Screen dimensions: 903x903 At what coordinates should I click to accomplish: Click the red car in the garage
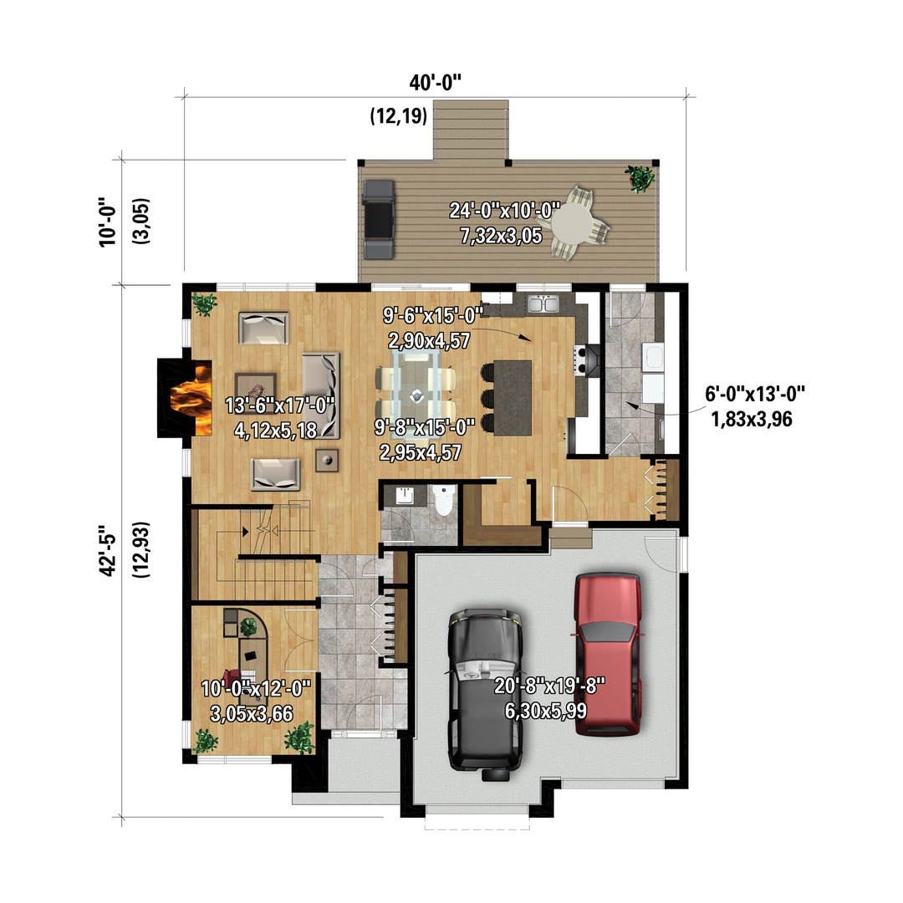(x=608, y=654)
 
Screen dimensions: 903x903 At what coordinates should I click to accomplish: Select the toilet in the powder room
(x=443, y=499)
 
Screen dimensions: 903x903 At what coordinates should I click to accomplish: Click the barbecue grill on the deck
(x=379, y=220)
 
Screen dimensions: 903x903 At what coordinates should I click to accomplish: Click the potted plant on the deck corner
(x=640, y=178)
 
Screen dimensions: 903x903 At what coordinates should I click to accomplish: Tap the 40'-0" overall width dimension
(x=436, y=83)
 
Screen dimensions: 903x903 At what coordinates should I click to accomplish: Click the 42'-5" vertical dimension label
(x=108, y=550)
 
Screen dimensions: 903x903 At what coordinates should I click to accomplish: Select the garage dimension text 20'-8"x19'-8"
(x=549, y=686)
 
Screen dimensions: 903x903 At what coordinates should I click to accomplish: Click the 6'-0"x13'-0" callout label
(x=755, y=394)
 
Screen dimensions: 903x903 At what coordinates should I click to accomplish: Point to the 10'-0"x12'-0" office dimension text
(x=256, y=688)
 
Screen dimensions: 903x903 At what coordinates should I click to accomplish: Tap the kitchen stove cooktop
(x=586, y=360)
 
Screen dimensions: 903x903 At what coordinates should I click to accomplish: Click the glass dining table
(x=416, y=390)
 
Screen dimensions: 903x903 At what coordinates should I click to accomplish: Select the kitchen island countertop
(x=513, y=397)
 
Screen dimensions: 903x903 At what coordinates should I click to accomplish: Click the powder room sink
(x=405, y=495)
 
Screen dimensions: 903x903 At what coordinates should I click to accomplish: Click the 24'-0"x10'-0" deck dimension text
(x=504, y=211)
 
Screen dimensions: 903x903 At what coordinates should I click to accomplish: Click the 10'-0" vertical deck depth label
(x=108, y=222)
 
